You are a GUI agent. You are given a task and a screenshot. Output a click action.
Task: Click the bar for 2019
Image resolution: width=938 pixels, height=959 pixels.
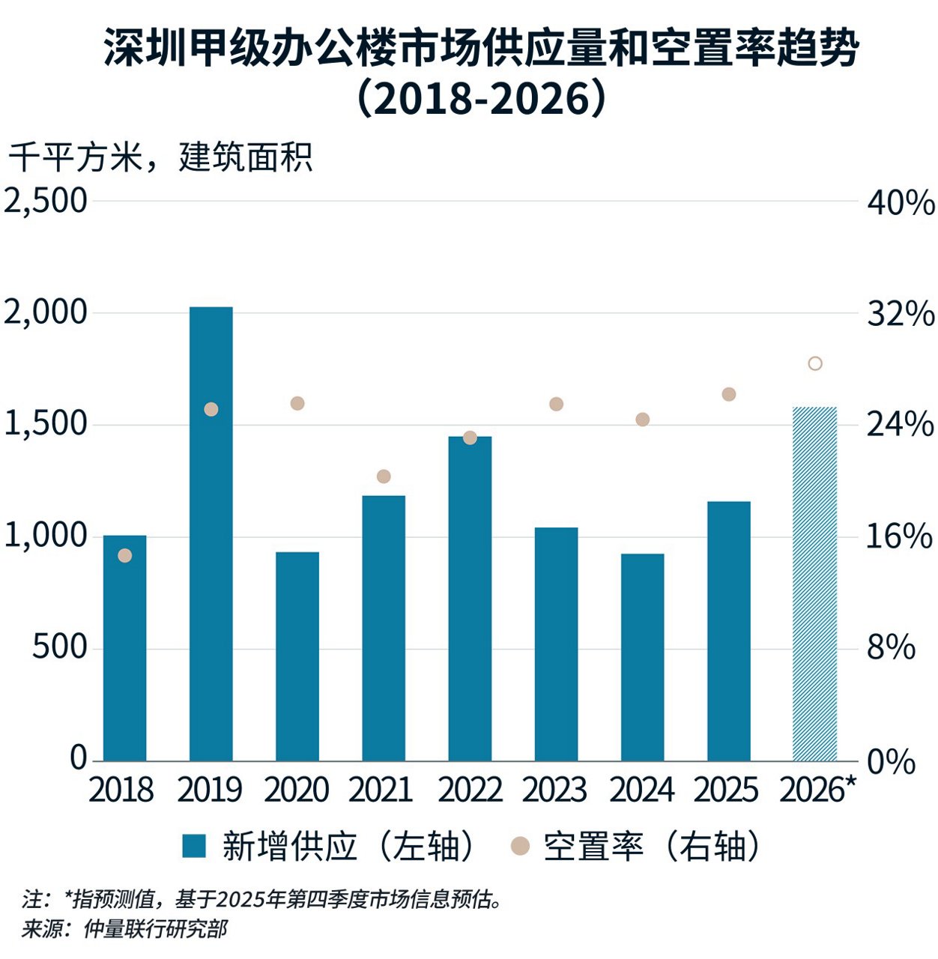[211, 533]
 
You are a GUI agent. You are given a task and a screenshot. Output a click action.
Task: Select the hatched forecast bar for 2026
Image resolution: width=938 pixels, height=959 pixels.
[814, 584]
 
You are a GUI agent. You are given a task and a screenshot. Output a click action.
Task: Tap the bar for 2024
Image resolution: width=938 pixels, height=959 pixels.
[642, 657]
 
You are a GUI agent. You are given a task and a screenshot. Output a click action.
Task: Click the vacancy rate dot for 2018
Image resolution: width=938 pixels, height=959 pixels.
[125, 555]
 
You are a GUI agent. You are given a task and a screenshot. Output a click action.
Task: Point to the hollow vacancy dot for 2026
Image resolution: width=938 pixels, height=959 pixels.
[815, 363]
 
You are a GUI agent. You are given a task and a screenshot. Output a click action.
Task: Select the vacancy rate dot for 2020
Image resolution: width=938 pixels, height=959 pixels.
[297, 403]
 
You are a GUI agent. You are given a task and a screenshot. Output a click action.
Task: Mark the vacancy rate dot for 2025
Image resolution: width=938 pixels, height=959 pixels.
[729, 394]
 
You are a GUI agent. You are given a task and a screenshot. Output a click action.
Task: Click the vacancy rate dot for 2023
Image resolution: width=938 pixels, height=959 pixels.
[556, 404]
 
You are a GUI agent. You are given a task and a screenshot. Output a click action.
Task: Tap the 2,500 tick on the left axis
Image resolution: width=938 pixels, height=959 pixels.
[46, 201]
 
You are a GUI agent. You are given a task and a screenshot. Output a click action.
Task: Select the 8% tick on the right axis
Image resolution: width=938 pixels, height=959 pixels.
[891, 648]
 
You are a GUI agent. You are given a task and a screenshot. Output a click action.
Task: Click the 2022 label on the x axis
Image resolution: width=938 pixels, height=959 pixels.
[470, 790]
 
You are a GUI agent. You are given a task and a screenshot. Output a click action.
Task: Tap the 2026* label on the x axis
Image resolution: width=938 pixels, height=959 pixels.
[817, 790]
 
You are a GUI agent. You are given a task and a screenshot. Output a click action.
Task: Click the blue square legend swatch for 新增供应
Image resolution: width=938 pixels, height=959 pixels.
[194, 847]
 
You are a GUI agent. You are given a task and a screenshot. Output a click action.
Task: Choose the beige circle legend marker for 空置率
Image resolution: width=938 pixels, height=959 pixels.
[520, 847]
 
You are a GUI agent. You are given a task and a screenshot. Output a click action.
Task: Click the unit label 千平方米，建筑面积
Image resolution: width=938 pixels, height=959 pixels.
[160, 158]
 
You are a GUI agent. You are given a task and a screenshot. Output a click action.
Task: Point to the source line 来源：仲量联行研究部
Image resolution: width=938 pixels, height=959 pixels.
[124, 930]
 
